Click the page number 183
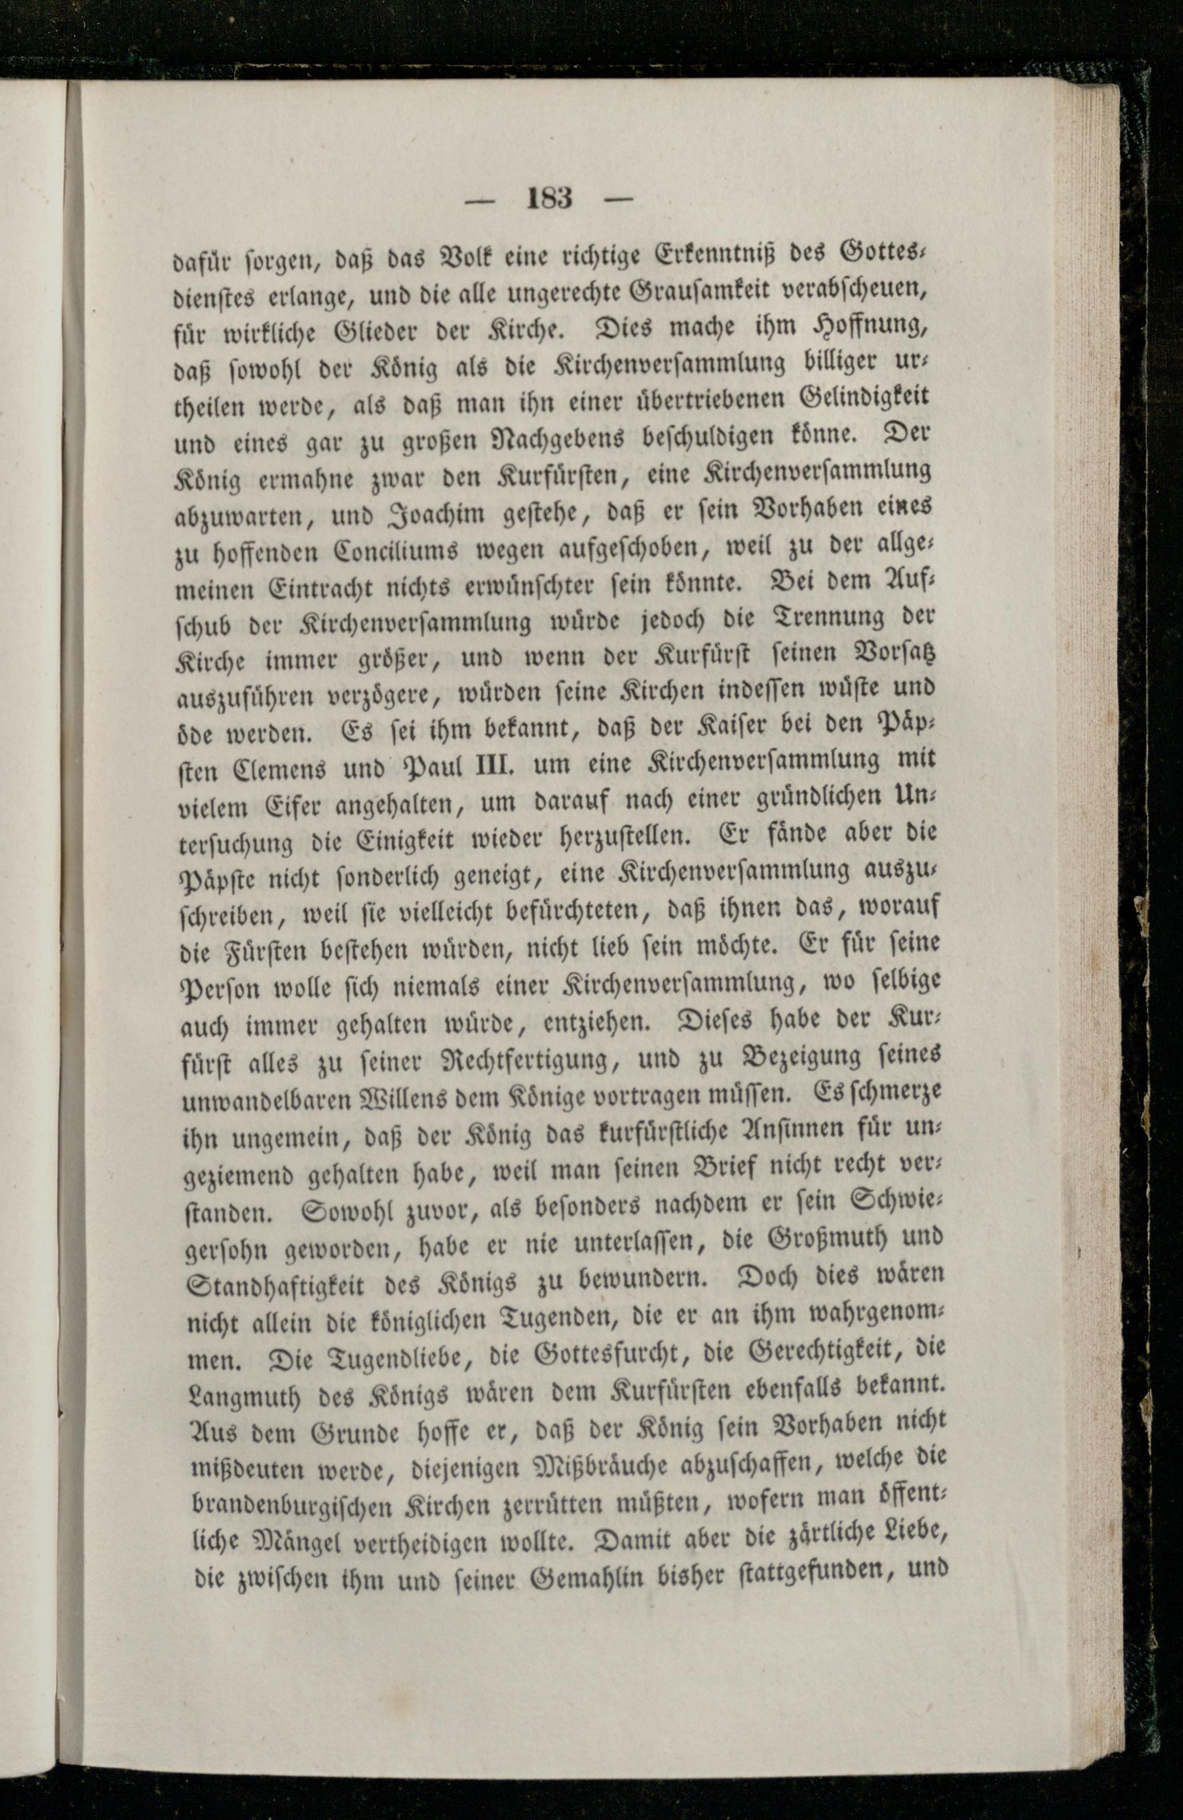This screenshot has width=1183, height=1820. pos(549,199)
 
